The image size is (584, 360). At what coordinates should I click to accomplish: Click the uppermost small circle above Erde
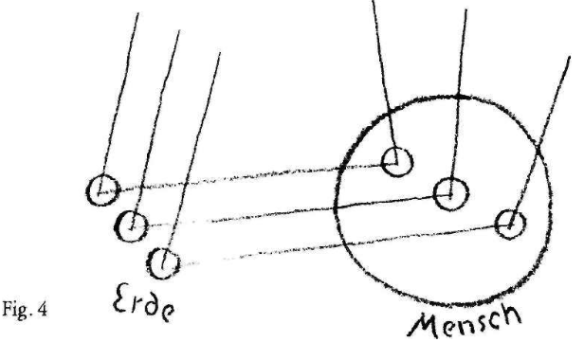click(x=101, y=190)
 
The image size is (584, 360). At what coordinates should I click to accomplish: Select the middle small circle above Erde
click(x=133, y=225)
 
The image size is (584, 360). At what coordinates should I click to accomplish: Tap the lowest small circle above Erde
click(x=165, y=259)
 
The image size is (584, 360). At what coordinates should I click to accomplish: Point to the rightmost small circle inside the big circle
click(x=510, y=224)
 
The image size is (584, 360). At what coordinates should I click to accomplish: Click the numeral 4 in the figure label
click(x=47, y=310)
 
